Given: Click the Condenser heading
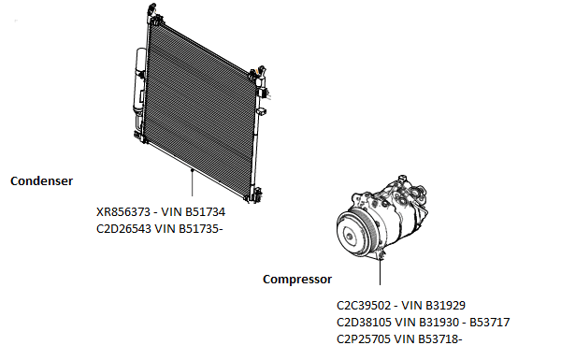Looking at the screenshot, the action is pos(41,181).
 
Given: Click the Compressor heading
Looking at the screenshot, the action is pos(297,280).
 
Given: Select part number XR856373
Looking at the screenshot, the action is pos(123,212).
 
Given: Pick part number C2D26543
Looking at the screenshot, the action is pos(123,229).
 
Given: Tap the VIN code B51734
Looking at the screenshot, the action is pos(205,212).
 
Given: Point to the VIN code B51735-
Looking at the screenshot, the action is pos(201,229).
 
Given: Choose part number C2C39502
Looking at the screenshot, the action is pos(364,306).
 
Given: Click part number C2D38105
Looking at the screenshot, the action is pos(364,323).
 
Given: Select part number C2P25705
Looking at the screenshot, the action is pos(364,338).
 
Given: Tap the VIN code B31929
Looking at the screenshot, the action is pos(445,306).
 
